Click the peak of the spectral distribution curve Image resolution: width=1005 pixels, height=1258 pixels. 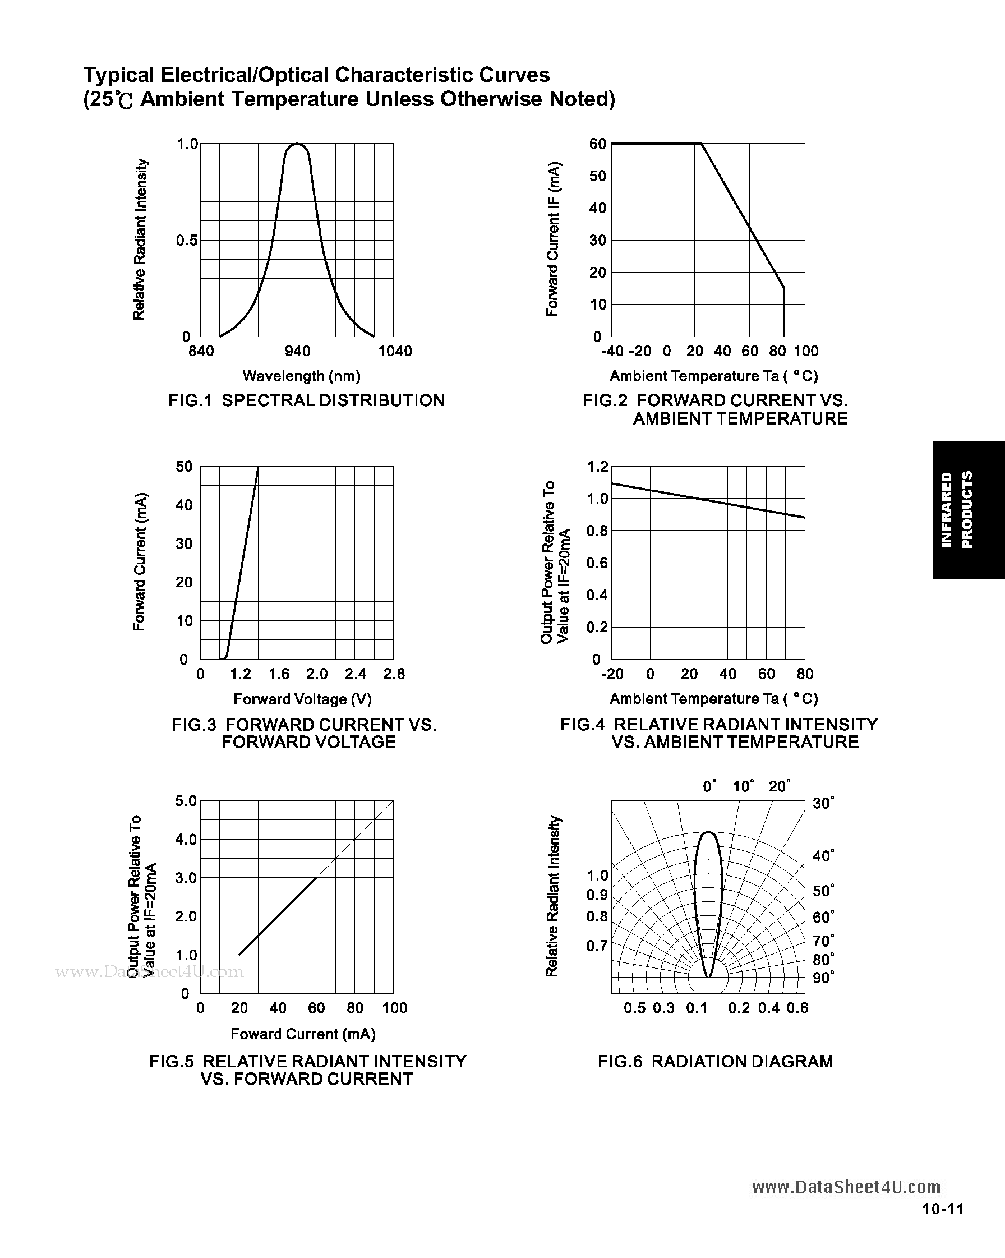(297, 144)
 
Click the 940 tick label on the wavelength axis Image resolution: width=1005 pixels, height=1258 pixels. (297, 351)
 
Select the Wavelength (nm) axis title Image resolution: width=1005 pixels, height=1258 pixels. (301, 376)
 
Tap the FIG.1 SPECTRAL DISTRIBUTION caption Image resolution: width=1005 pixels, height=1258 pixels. (306, 400)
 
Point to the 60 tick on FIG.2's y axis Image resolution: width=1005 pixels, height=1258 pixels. (598, 144)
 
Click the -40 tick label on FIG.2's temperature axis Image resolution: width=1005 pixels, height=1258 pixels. (612, 351)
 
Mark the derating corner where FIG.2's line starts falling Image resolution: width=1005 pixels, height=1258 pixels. (701, 144)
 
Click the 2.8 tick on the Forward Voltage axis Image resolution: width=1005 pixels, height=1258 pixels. (394, 674)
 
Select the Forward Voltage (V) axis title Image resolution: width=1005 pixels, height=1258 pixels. (302, 699)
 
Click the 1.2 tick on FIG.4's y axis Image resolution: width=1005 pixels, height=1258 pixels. (598, 466)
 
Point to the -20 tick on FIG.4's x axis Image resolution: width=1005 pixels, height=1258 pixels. (612, 674)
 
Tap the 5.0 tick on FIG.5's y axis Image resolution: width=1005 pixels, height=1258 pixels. (186, 801)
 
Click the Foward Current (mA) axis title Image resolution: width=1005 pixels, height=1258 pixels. (303, 1034)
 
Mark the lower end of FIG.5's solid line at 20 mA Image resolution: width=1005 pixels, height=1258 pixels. (239, 955)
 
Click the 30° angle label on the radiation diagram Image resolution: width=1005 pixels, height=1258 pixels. (823, 804)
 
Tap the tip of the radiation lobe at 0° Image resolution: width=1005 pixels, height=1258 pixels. (708, 832)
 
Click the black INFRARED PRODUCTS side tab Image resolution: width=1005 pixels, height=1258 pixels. (967, 510)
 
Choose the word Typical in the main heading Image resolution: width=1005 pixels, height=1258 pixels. (118, 75)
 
